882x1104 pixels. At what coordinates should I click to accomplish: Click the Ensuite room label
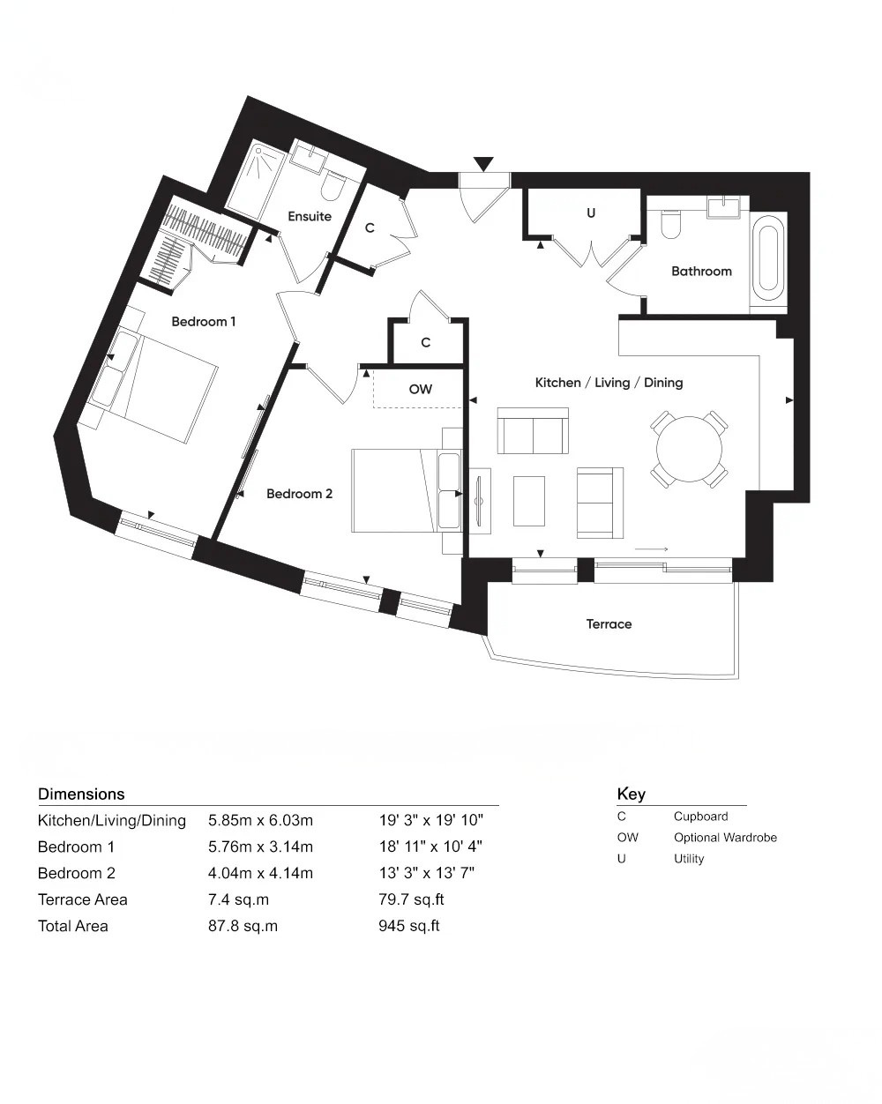(310, 216)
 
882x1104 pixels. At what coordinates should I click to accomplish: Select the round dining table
(689, 449)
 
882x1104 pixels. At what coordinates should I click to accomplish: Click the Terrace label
(609, 624)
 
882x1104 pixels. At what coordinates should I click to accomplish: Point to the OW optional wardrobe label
(421, 389)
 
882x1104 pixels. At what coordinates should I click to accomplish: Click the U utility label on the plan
(591, 213)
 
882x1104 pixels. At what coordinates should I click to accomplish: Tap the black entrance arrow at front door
(483, 164)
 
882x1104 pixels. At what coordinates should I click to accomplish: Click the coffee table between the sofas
(529, 501)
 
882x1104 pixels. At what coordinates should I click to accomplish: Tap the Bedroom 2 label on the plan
(299, 494)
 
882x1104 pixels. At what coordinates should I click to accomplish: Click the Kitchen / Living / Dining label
(609, 383)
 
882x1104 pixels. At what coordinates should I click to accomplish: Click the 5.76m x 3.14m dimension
(260, 847)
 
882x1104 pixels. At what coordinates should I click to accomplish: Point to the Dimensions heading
(81, 794)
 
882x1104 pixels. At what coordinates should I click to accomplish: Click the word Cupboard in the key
(700, 817)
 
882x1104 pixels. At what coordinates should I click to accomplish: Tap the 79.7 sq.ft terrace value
(408, 899)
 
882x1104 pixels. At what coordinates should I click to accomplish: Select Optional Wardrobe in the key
(725, 838)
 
